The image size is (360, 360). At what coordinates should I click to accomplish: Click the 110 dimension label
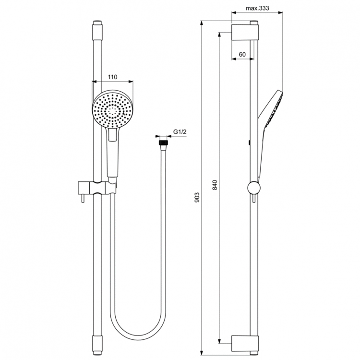click(x=112, y=77)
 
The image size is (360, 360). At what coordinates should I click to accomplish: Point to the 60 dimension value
click(x=242, y=54)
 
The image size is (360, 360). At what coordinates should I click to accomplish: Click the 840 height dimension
click(x=215, y=185)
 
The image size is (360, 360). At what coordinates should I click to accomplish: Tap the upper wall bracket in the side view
click(x=244, y=33)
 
